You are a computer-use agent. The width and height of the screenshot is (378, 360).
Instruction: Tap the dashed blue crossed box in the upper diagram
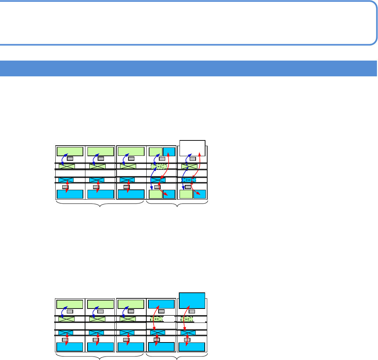click(189, 180)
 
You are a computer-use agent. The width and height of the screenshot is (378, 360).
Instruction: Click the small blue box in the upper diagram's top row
click(169, 152)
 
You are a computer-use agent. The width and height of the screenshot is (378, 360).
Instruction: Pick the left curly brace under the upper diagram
click(100, 204)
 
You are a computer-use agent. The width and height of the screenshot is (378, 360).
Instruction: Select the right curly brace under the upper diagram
click(177, 204)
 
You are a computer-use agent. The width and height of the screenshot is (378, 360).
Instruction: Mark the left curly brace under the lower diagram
click(100, 357)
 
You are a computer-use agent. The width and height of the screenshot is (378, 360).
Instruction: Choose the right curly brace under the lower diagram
click(177, 357)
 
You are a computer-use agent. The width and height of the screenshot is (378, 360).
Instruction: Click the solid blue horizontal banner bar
click(189, 68)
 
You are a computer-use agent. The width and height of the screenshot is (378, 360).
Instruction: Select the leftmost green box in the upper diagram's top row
click(70, 151)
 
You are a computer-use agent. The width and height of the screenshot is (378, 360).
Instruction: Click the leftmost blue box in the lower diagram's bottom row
click(70, 347)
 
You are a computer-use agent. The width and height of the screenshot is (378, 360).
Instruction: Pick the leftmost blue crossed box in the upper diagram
click(66, 180)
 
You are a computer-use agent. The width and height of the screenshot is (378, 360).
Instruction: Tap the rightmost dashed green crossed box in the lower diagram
click(188, 319)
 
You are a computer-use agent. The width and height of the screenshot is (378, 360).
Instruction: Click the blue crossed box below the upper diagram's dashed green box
click(158, 180)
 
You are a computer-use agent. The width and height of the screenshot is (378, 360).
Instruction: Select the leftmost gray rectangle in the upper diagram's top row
click(70, 159)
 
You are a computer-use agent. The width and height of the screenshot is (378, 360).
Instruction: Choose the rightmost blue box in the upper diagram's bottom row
click(199, 194)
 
